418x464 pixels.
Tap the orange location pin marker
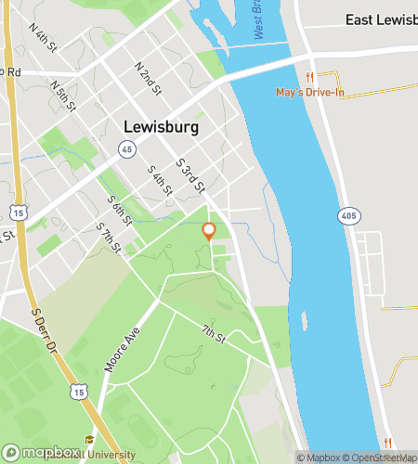(x=209, y=231)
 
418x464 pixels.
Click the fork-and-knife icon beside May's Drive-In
(x=311, y=78)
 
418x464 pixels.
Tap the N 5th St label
(x=63, y=93)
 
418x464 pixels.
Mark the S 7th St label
(x=110, y=236)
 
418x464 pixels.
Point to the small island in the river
(x=304, y=322)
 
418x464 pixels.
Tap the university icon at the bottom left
(x=90, y=440)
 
